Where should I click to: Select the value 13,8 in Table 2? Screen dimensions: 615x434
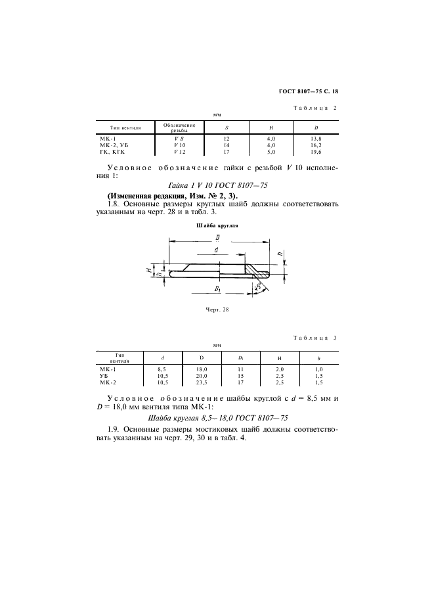[316, 139]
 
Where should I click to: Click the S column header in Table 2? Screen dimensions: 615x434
[227, 126]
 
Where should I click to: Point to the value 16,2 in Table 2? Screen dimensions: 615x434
[316, 145]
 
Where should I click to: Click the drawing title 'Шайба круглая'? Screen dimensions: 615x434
[217, 225]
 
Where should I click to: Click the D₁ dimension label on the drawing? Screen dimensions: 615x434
[217, 288]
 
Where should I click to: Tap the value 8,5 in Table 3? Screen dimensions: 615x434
[162, 370]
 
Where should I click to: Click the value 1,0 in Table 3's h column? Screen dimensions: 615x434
[318, 370]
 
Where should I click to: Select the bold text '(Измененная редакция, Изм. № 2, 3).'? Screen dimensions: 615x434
[172, 196]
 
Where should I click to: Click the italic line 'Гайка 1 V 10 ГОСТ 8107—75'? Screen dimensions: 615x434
[217, 187]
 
